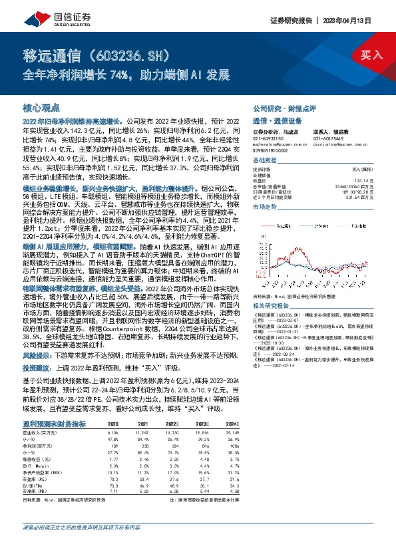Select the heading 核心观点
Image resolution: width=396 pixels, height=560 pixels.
(x=41, y=108)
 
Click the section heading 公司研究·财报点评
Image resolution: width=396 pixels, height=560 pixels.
(x=284, y=108)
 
